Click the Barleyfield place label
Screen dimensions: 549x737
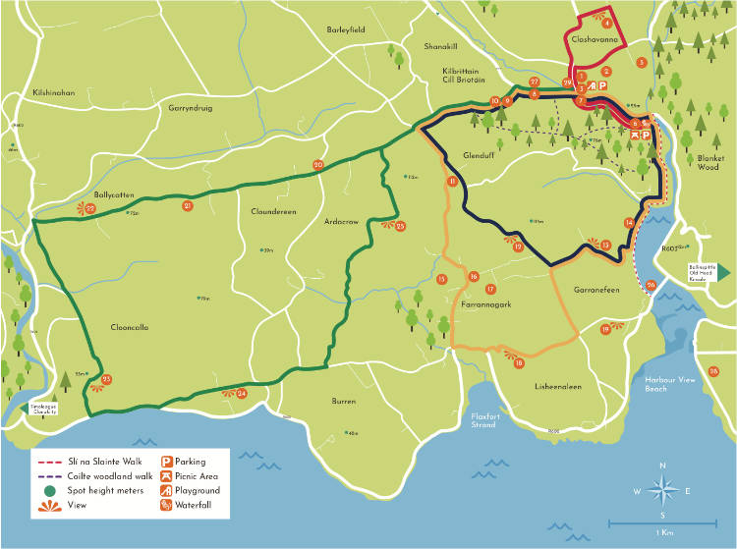pos(345,30)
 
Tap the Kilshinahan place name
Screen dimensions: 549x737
pos(53,92)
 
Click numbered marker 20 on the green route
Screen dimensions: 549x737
pos(317,165)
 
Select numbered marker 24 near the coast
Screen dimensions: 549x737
pos(242,394)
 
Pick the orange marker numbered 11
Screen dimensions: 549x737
pos(452,182)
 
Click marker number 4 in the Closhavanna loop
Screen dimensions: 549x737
pos(607,23)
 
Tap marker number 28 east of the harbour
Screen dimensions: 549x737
pos(713,370)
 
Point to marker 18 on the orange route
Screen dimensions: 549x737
pos(519,363)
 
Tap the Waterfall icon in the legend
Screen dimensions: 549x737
pos(167,505)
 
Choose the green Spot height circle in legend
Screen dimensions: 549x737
pos(48,490)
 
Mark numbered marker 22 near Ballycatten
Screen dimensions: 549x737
pos(89,208)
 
